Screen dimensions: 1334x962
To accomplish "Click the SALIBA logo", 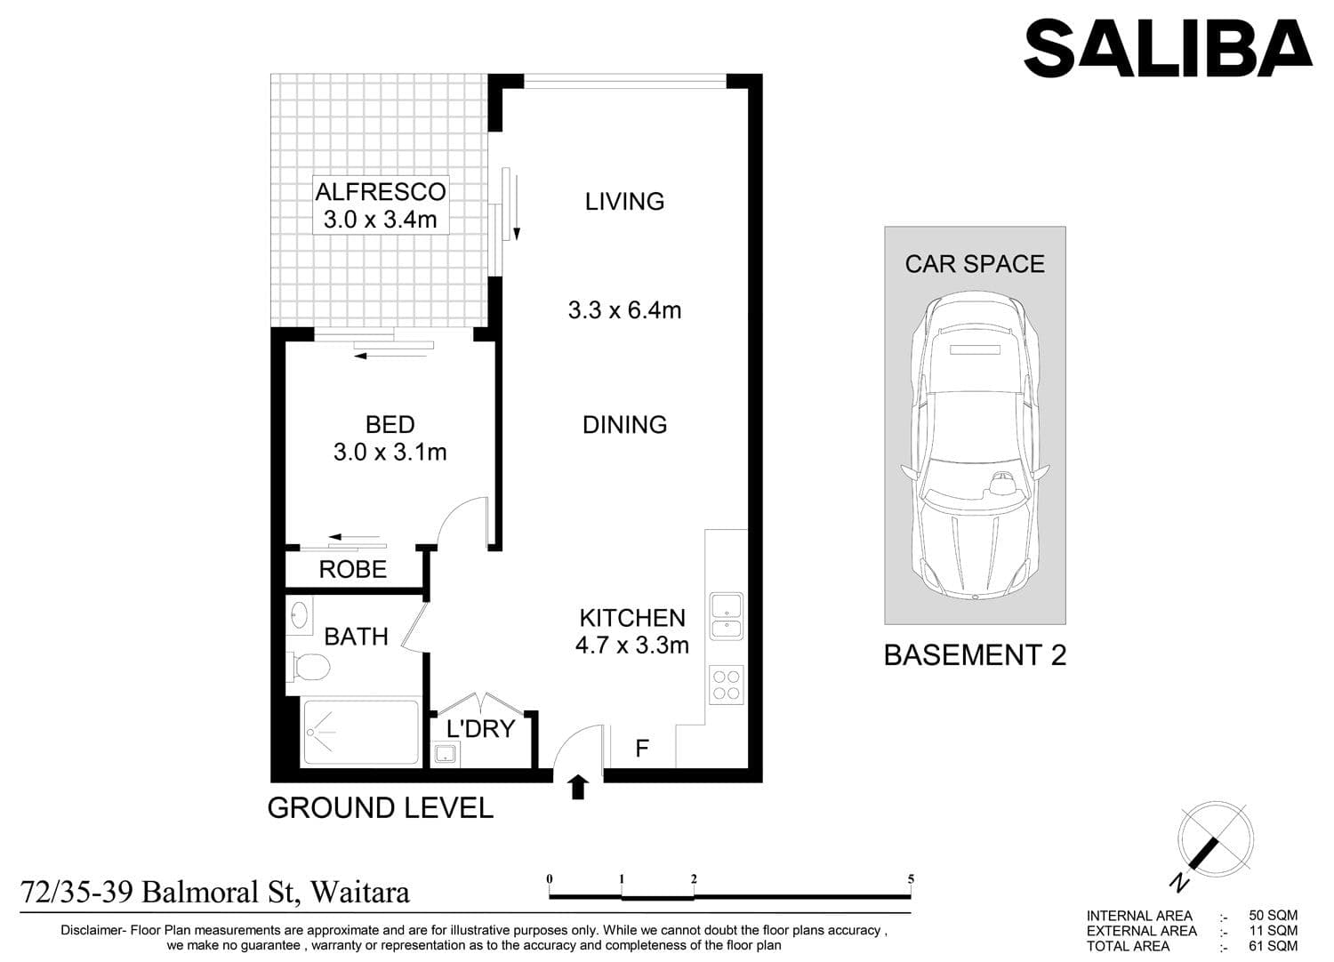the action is (1168, 48).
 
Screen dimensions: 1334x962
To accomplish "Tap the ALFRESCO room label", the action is (381, 192).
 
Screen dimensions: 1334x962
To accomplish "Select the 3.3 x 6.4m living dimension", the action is (624, 310).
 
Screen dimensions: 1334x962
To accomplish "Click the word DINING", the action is (624, 424).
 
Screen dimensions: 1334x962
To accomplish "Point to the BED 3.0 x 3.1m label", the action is (390, 438).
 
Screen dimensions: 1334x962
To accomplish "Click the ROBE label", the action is (352, 570).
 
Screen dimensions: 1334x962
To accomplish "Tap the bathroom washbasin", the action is (300, 614).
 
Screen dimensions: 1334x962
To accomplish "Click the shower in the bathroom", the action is (361, 732).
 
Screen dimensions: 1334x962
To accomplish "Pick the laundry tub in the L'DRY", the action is (445, 753).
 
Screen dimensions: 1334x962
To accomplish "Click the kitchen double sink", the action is (726, 616).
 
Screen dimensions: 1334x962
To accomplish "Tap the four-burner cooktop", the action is (726, 685).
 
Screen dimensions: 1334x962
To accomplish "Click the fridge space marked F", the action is (642, 747).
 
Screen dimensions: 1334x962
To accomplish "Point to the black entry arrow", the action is (578, 786).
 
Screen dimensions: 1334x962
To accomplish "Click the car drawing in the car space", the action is (975, 445).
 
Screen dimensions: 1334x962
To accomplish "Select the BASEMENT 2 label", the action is (975, 655).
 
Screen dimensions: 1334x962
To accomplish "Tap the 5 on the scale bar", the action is (911, 878).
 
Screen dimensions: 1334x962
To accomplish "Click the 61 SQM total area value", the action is (1274, 946).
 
